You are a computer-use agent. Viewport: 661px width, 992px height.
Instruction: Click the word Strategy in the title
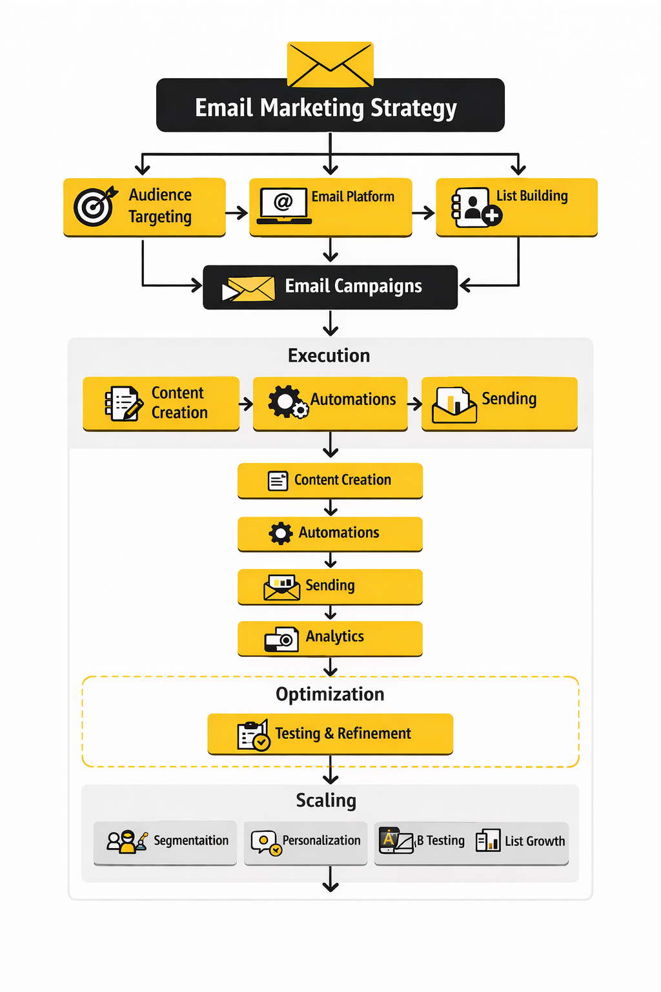pos(414,108)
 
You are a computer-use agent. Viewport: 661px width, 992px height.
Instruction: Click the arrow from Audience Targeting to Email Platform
pos(237,212)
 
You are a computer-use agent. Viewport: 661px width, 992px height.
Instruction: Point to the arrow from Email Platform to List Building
pos(423,212)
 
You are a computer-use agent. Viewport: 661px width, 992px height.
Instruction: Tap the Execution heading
pos(329,355)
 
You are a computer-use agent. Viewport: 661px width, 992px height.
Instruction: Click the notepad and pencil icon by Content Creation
pos(123,403)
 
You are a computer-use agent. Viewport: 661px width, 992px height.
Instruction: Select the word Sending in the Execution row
pos(509,399)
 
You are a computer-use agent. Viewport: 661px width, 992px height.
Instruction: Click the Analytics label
pos(334,636)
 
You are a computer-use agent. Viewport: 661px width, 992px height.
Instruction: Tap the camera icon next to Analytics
pos(281,639)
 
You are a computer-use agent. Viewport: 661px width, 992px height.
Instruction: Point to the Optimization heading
pos(330,694)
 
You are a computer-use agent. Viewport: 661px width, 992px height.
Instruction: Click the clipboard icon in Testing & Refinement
pos(252,735)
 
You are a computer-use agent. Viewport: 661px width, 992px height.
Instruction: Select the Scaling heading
pos(326,801)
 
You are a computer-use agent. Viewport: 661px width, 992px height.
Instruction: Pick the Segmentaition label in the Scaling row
pos(191,840)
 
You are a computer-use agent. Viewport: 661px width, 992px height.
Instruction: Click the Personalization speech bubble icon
pos(265,842)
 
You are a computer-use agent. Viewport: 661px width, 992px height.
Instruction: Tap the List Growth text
pos(534,841)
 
